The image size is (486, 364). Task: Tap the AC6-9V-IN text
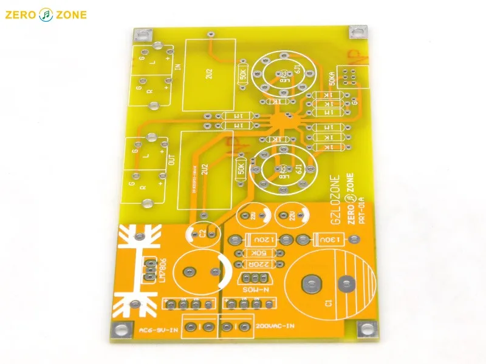coord(159,331)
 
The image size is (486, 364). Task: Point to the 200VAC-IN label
coord(275,326)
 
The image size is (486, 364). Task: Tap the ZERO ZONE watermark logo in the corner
coord(46,15)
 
